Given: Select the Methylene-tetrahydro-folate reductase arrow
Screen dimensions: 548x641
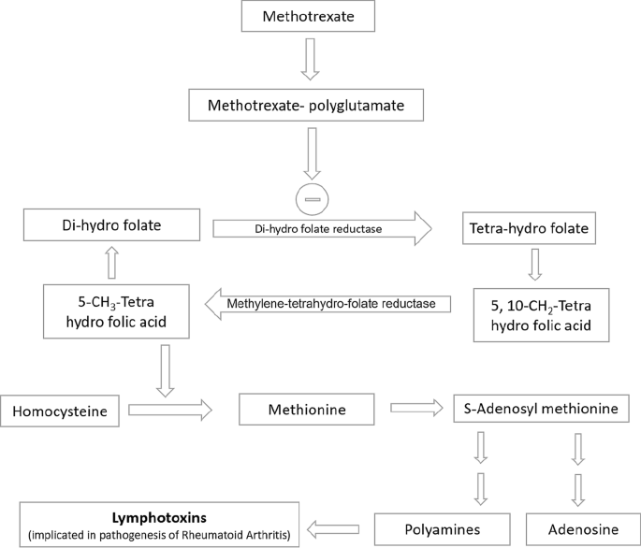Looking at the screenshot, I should click(328, 303).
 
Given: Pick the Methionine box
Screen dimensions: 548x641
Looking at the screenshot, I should click(306, 409).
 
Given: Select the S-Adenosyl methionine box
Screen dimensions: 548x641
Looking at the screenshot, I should click(540, 410).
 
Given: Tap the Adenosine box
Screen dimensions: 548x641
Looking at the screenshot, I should click(578, 528).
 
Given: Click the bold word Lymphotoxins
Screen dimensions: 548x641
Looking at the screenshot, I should click(159, 516).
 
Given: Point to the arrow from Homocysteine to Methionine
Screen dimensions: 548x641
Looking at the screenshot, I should click(170, 410).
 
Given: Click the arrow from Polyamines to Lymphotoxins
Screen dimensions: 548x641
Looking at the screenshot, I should click(335, 528).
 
